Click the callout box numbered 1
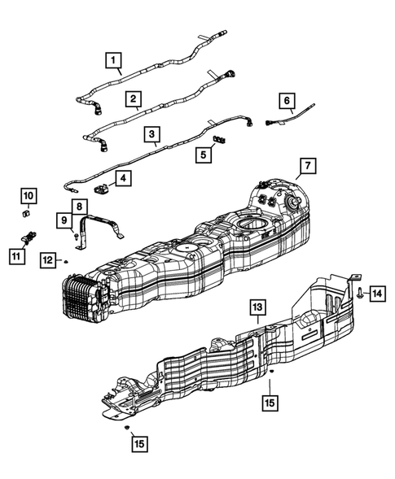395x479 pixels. (x=113, y=60)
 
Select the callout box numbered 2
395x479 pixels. (x=134, y=98)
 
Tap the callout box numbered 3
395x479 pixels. (x=152, y=134)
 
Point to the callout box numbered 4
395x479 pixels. (x=123, y=178)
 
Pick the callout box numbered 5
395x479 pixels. (x=204, y=155)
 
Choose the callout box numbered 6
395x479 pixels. (x=287, y=101)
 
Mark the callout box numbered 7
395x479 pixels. (x=308, y=166)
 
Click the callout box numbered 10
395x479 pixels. (x=29, y=195)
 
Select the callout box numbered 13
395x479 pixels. (x=257, y=307)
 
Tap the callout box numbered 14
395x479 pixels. (x=377, y=294)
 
